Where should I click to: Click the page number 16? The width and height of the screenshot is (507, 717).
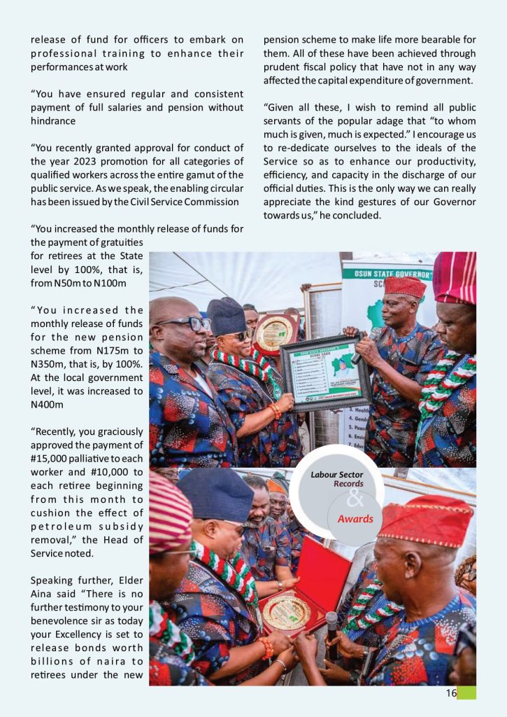point(451,693)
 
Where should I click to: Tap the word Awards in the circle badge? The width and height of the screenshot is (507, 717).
point(355,520)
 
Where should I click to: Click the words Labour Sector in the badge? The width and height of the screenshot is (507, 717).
point(337,475)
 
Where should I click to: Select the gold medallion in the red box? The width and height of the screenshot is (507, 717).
point(287,611)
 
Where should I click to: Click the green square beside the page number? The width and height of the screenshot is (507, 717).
point(466,693)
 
